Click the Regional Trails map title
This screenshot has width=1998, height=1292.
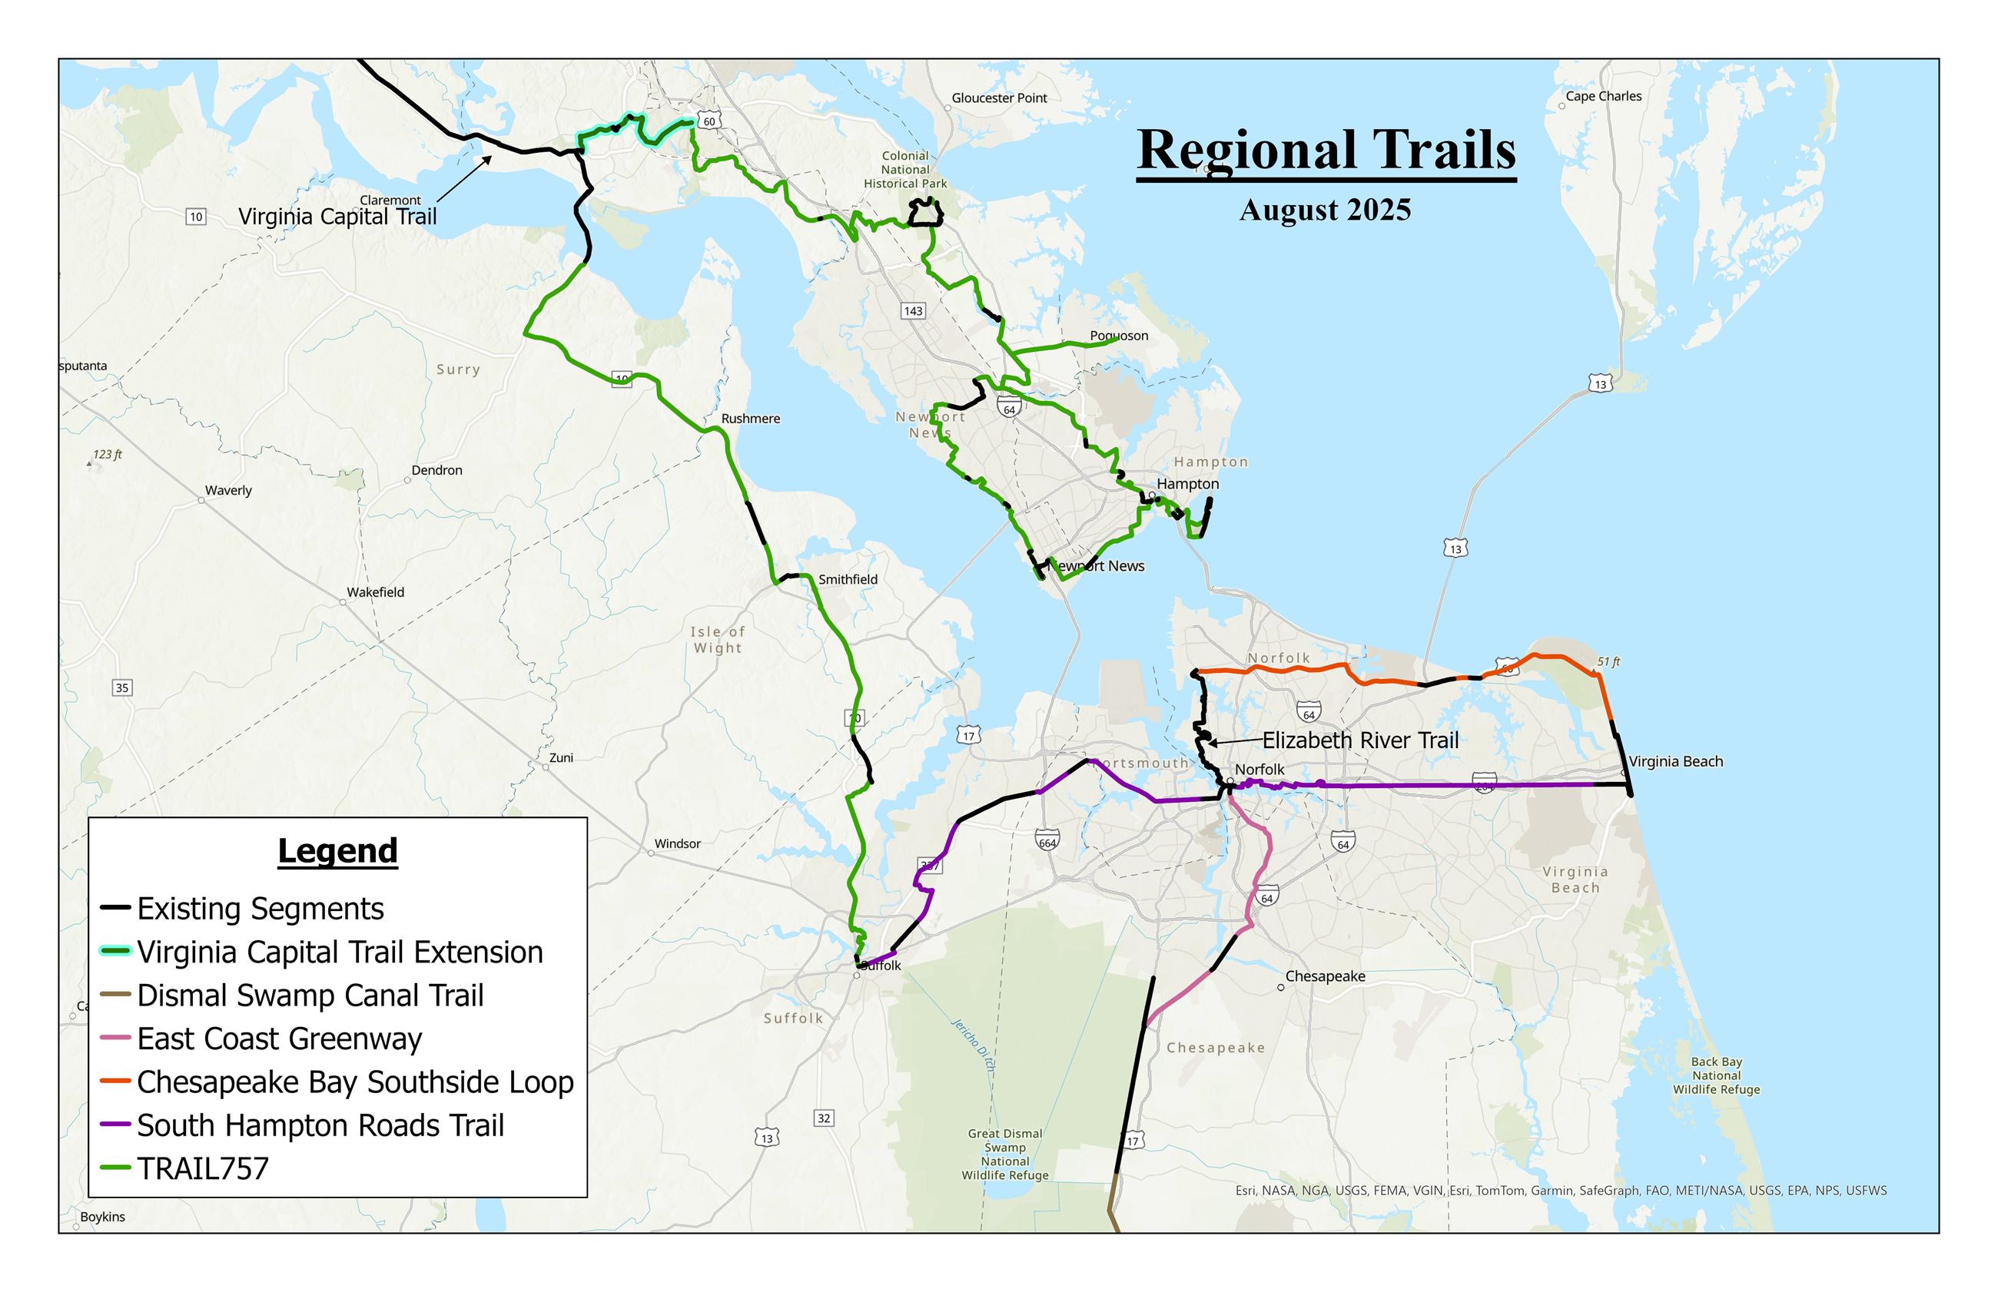click(1325, 151)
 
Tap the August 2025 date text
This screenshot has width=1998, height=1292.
click(1324, 210)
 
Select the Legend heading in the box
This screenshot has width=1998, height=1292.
click(337, 850)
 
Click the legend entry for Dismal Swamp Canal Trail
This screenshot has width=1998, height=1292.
click(310, 995)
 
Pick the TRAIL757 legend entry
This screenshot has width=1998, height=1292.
click(202, 1168)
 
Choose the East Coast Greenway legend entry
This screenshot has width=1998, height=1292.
click(279, 1039)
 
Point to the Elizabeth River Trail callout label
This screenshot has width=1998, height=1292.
click(1359, 740)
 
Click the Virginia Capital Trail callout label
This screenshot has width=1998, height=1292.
click(337, 217)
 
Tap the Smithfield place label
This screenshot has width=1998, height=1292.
click(848, 579)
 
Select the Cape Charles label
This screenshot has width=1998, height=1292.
click(1603, 97)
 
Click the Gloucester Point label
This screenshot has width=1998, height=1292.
click(998, 98)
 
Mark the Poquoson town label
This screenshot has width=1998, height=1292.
click(1119, 336)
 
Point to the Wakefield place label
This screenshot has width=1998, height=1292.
click(375, 592)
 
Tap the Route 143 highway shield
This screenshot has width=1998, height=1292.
click(913, 311)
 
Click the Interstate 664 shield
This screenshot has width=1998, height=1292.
click(1047, 840)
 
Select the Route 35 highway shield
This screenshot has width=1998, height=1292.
click(121, 688)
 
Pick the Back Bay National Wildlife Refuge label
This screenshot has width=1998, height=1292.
click(1716, 1075)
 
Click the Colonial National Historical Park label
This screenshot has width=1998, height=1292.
click(904, 170)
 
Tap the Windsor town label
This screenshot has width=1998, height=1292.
click(677, 844)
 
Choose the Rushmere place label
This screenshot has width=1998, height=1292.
click(750, 419)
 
